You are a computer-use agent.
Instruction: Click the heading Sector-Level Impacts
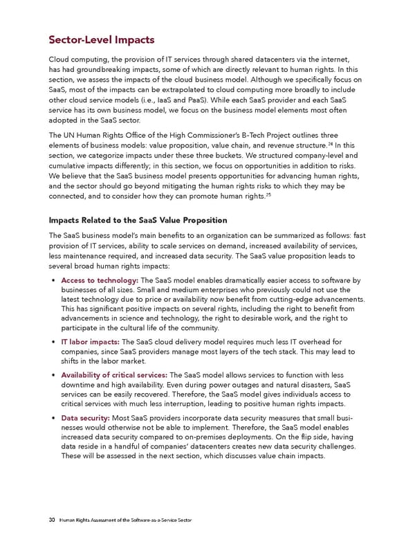pyautogui.click(x=100, y=40)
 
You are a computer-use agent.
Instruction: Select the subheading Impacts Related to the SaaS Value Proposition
pyautogui.click(x=138, y=220)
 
